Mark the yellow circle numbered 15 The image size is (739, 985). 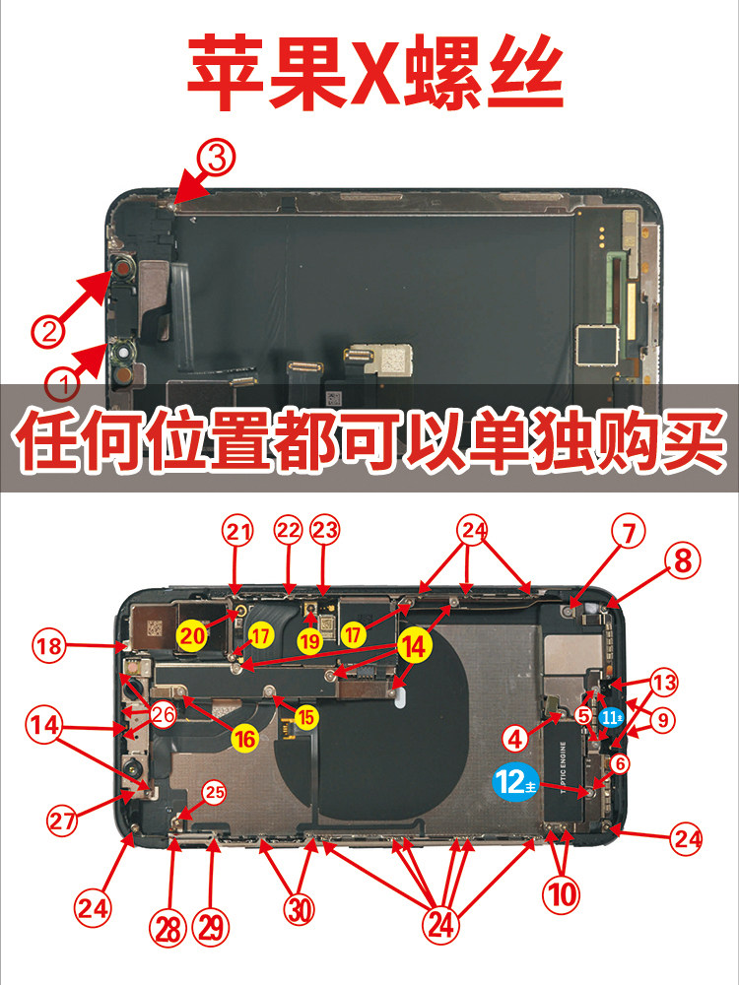306,717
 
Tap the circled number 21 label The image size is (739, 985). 236,533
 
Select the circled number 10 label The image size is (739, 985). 562,896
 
